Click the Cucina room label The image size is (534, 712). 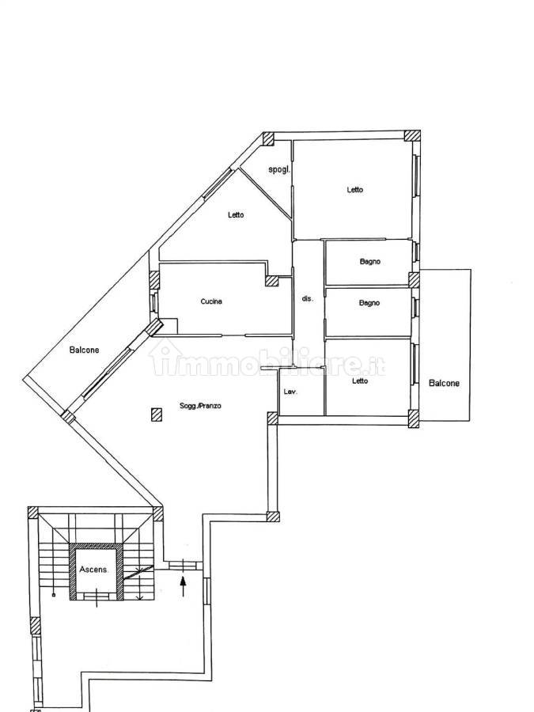click(211, 301)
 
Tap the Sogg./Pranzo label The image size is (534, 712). click(200, 406)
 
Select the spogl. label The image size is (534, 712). click(278, 170)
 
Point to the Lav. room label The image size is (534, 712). click(290, 392)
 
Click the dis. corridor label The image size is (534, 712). click(308, 299)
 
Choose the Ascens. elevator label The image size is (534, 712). click(93, 569)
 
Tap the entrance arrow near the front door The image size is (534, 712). click(183, 586)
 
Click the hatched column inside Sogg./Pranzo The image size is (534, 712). click(157, 415)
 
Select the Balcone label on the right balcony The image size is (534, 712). click(444, 383)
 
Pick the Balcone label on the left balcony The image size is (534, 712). click(84, 350)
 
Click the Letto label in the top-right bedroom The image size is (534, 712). click(354, 190)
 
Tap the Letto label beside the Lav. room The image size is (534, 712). click(360, 381)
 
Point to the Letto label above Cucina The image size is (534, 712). click(236, 214)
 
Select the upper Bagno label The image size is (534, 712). click(369, 262)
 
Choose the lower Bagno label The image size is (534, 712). click(369, 303)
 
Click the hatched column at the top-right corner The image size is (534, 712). click(412, 137)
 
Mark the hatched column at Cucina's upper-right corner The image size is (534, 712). click(272, 281)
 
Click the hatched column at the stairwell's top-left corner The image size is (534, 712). click(32, 512)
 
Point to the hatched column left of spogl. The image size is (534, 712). click(268, 138)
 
